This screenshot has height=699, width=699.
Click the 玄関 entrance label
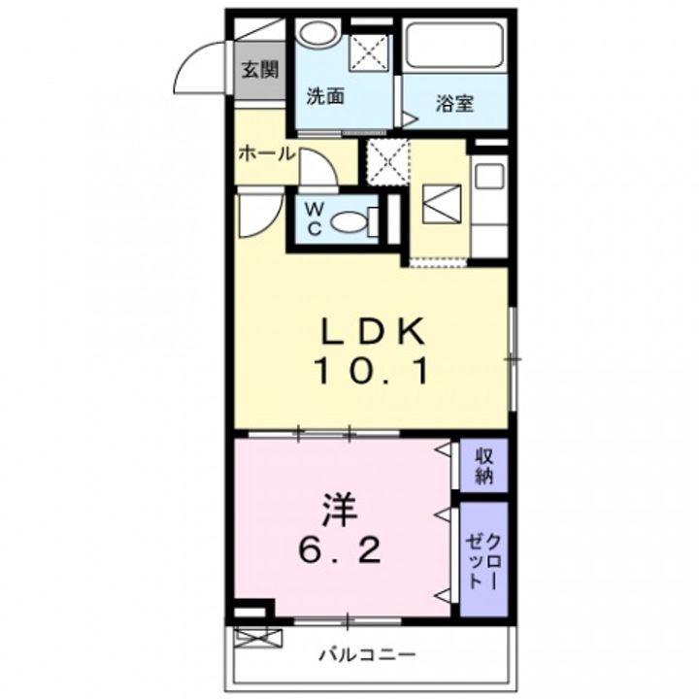260,70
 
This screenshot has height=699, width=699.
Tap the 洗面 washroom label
325,97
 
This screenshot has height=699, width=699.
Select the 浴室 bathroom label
454,104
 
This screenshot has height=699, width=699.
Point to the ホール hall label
267,154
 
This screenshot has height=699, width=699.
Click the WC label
315,218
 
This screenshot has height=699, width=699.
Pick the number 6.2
340,551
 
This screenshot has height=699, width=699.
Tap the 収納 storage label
483,466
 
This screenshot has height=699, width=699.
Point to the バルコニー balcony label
368,655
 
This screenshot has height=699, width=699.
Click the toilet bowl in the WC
349,221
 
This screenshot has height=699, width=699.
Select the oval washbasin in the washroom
317,33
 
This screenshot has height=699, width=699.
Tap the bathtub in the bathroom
454,46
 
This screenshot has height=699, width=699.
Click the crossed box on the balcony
258,638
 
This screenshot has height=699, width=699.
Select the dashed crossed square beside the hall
387,162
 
